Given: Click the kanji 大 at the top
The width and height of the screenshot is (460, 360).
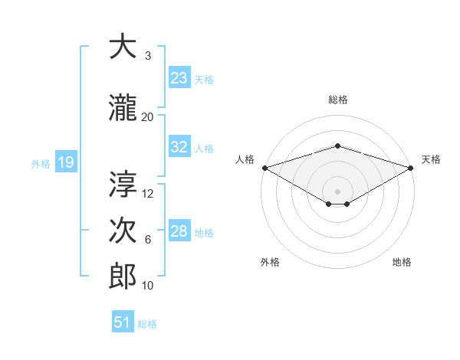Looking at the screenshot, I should click(122, 47).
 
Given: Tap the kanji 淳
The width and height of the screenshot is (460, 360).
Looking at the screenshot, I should click(122, 184).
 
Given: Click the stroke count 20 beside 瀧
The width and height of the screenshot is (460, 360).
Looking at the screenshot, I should click(148, 116).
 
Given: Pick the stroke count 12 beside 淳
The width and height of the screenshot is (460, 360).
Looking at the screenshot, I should click(148, 193).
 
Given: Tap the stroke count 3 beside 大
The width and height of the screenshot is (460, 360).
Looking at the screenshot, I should click(148, 56).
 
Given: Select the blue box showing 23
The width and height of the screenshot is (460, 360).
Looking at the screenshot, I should click(179, 78).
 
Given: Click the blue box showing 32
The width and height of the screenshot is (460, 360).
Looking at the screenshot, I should click(179, 147).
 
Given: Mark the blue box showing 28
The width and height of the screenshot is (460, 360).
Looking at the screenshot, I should click(179, 231).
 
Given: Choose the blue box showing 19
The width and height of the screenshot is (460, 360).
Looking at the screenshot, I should click(65, 162).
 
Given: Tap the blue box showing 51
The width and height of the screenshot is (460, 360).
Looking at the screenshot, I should click(123, 322).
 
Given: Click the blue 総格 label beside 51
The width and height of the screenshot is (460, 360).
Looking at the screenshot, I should click(147, 324).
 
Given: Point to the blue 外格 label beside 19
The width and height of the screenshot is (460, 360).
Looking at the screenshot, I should click(41, 163).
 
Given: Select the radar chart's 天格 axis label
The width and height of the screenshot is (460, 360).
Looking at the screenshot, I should click(432, 159).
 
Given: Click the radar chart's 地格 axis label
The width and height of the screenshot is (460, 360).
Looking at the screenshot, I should click(402, 262).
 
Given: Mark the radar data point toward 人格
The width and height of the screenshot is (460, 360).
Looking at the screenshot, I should click(264, 168).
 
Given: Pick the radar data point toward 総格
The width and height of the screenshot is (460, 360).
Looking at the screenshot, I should click(337, 146).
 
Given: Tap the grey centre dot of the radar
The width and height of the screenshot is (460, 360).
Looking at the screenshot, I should click(337, 190).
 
